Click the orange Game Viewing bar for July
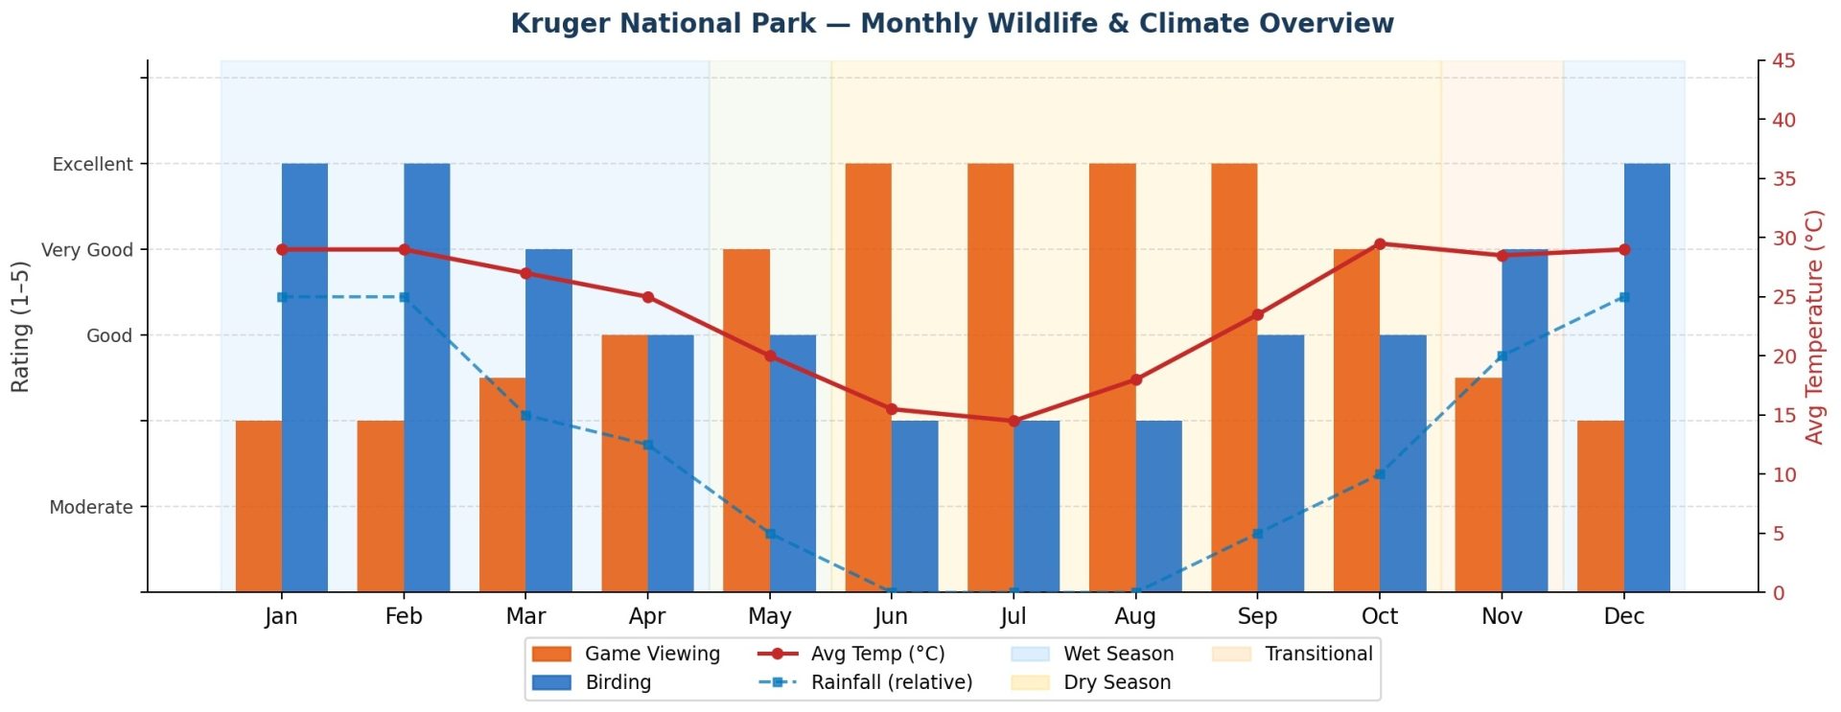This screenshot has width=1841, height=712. [990, 378]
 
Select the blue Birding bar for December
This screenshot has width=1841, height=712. [1647, 378]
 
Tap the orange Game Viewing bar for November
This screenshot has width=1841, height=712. [1479, 485]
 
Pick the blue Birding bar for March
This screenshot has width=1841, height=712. [548, 421]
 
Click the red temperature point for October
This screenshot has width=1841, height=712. [1380, 243]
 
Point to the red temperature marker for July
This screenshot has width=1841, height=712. [1014, 421]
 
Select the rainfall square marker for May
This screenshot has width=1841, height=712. [770, 534]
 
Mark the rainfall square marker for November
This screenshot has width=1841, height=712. [1502, 356]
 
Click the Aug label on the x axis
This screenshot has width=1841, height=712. [1135, 616]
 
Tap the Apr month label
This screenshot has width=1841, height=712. [647, 616]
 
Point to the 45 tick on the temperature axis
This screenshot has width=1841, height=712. [1784, 61]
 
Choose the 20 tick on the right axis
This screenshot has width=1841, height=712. [1784, 356]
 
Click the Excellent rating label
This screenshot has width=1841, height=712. [92, 164]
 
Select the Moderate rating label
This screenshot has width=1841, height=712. [91, 507]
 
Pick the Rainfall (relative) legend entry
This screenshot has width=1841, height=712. [866, 682]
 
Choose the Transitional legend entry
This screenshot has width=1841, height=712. [1293, 654]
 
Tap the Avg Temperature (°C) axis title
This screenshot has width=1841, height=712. [1813, 328]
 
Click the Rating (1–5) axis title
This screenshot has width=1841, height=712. [20, 327]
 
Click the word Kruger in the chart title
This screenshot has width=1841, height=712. [555, 23]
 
